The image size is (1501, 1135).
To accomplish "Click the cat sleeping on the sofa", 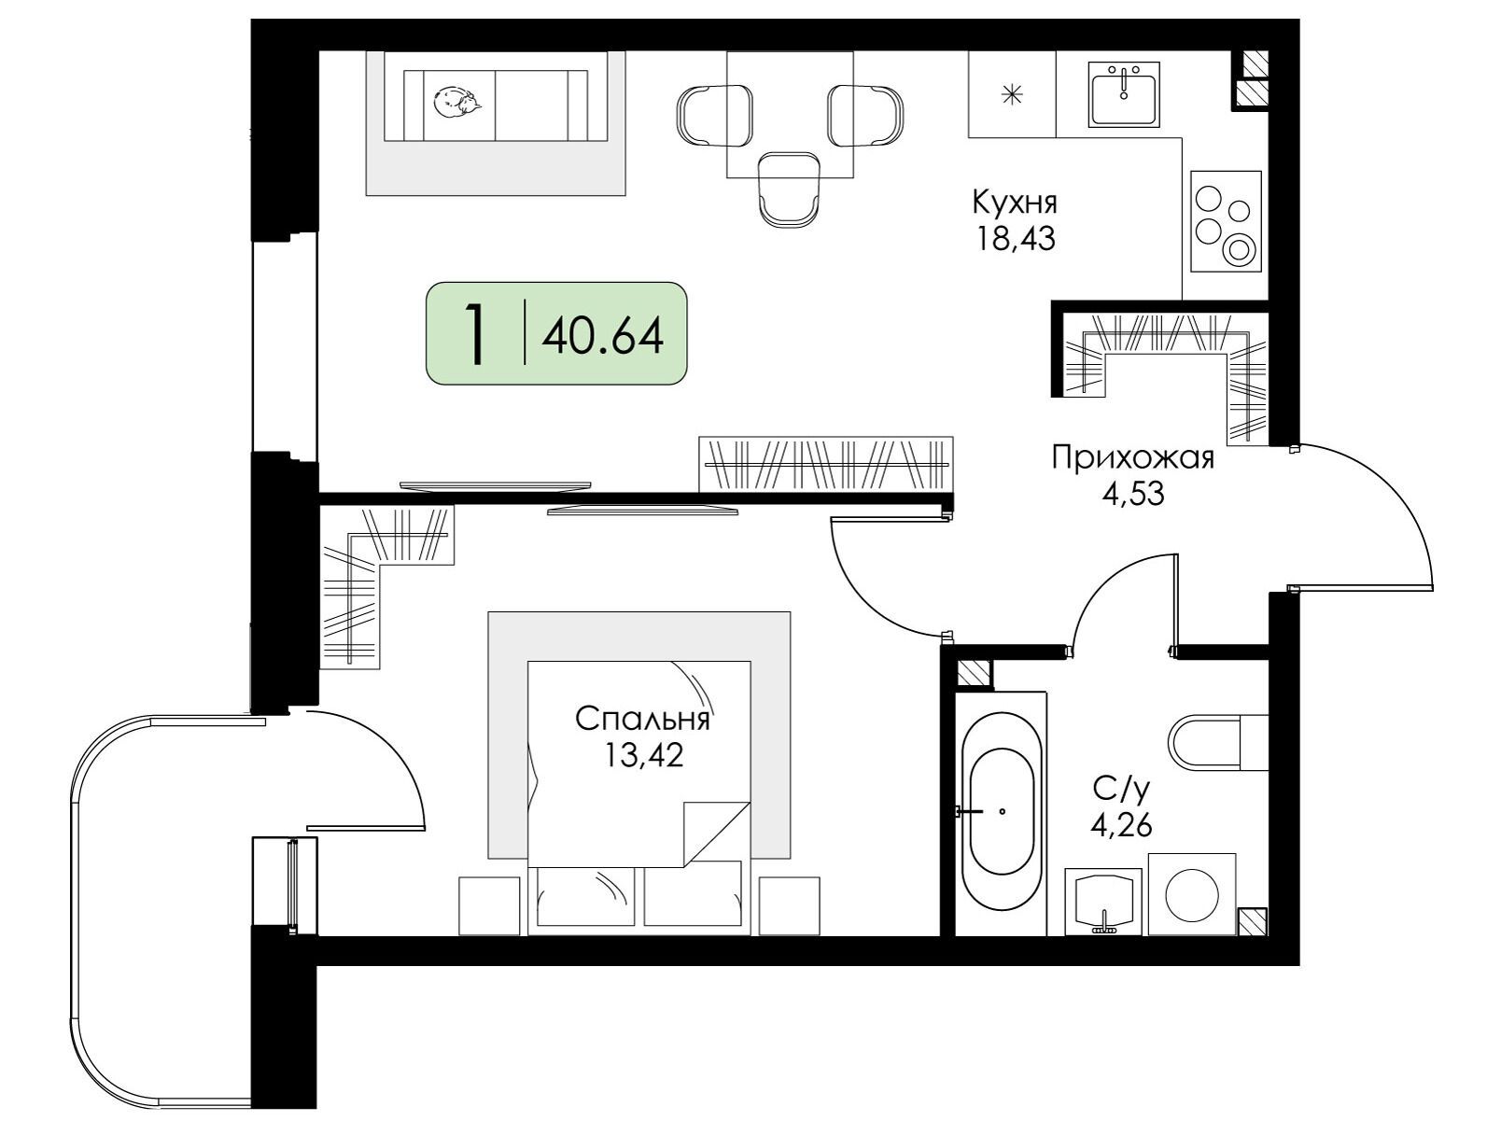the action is coord(456,102).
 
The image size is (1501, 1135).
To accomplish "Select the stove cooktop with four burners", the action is coord(1227,221).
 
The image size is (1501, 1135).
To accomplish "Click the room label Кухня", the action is coord(1015,203).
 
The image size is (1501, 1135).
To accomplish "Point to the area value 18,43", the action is coord(1017,239).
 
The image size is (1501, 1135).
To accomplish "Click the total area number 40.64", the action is coord(602,336).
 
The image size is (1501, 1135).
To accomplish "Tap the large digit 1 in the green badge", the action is coord(474,335).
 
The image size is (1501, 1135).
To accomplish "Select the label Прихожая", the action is coord(1132,457).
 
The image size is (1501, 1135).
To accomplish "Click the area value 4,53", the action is coord(1132,493).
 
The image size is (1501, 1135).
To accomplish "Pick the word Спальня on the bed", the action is coord(642,720).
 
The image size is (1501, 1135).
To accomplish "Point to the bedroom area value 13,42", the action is coord(643,755).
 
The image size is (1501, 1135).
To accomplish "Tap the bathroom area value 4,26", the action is coord(1121,826).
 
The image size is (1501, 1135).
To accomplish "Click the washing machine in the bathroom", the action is coord(1192,894).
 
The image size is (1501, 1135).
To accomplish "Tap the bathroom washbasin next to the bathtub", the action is coord(1103,902).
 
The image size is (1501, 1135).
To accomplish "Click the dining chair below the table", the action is coord(790,189).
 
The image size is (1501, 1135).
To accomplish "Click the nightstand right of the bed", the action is coord(789,906).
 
